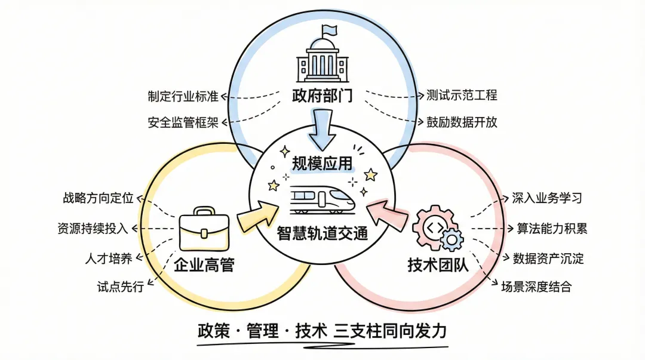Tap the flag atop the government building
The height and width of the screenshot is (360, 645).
pos(328,30)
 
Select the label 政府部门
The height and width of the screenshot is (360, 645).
pos(322,96)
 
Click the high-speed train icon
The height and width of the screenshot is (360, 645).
pos(322,199)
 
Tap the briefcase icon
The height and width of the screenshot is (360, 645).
pos(204,229)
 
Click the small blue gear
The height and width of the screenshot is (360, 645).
pos(452,241)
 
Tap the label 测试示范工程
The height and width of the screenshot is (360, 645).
pos(462,96)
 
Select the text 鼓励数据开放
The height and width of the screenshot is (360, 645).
pos(462,122)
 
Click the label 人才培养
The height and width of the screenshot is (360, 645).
pos(108,259)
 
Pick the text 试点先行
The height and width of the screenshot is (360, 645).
pos(120,287)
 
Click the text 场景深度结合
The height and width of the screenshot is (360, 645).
pos(536,287)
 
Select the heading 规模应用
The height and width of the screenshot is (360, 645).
pos(322,162)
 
